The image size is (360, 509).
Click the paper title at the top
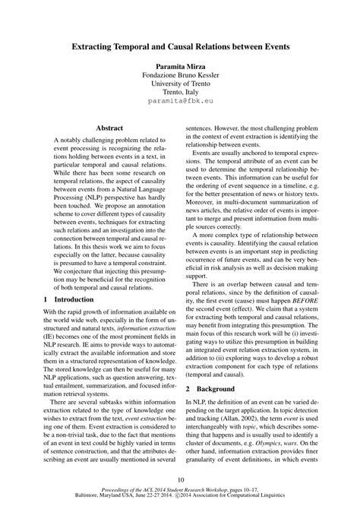click(180, 47)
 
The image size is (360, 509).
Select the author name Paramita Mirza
click(180, 66)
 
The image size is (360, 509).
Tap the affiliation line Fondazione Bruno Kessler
click(180, 77)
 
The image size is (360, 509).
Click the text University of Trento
click(180, 87)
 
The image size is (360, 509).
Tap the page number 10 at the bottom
click(180, 479)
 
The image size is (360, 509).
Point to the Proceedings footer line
click(180, 492)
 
